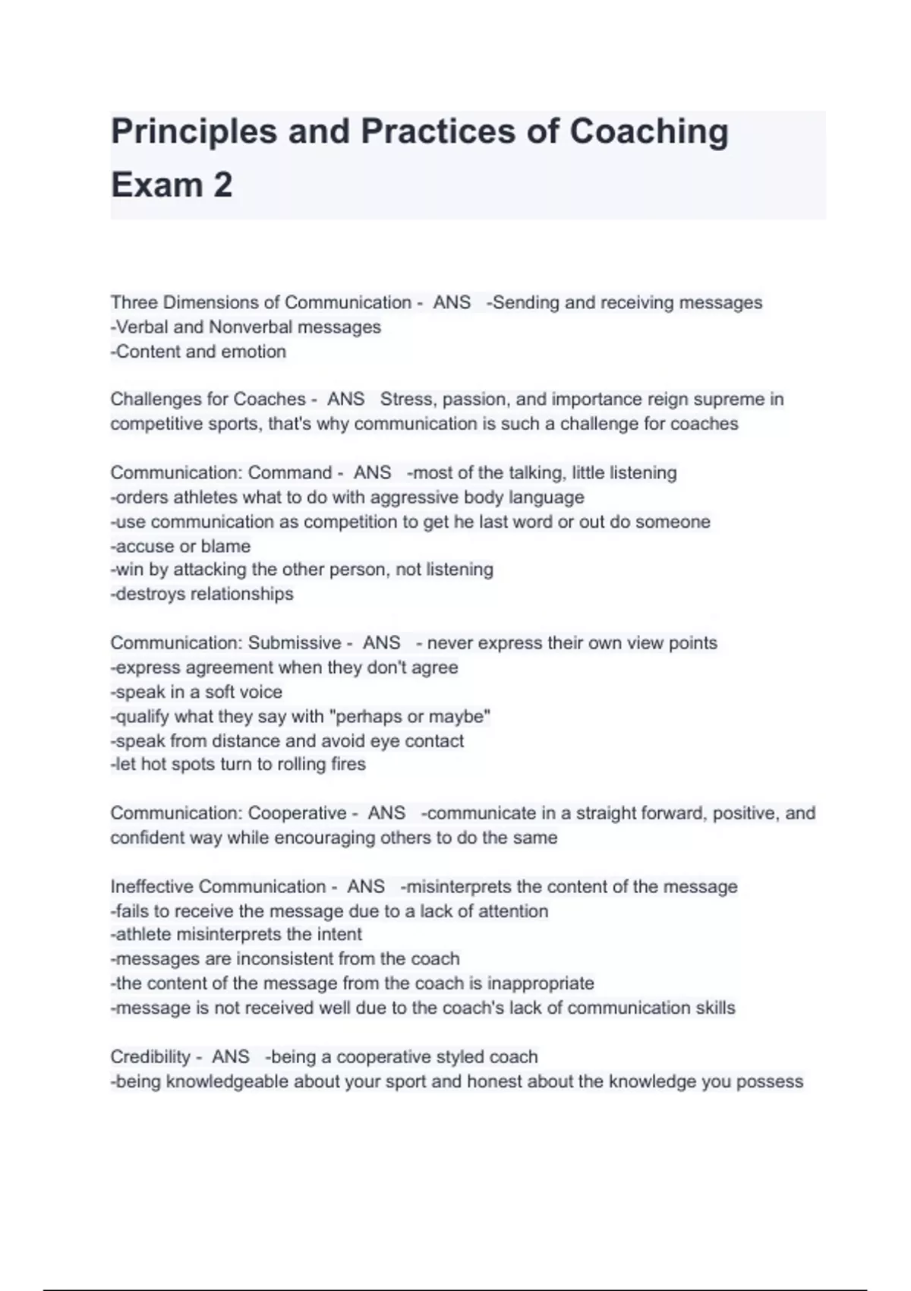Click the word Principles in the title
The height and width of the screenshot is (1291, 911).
193,132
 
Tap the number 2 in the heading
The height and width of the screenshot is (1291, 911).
222,185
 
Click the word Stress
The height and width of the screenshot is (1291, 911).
407,399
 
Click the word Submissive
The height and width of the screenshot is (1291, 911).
295,643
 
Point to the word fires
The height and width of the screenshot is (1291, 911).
348,764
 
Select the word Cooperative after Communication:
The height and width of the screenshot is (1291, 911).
297,813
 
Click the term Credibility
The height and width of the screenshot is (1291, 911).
150,1057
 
